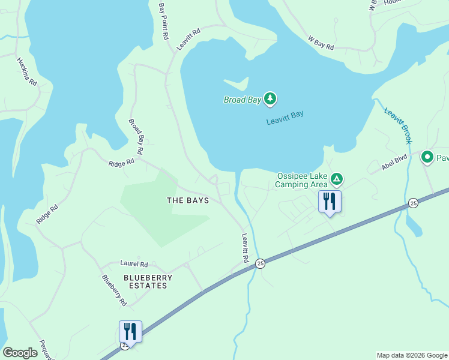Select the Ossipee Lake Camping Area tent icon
337,179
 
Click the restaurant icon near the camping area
329,201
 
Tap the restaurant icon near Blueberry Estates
130,331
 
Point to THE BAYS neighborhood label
188,200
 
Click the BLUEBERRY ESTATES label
148,281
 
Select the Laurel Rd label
134,263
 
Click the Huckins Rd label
28,72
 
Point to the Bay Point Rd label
163,20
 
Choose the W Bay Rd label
321,43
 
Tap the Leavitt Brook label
397,126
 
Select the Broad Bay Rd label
135,137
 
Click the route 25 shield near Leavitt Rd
260,263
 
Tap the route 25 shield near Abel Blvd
413,203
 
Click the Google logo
20,353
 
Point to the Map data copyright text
411,355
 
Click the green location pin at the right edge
427,158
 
